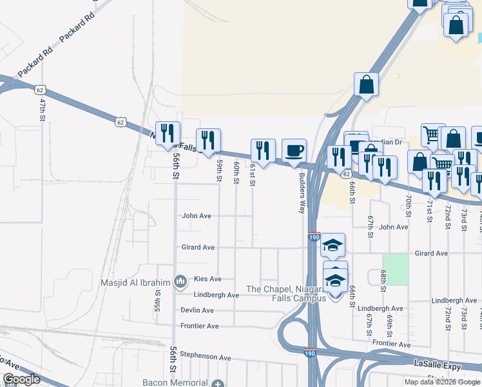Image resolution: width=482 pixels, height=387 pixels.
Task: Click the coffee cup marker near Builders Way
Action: click(294, 151)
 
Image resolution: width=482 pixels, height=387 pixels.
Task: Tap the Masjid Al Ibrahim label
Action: click(135, 283)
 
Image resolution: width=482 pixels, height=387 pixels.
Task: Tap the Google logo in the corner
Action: click(22, 380)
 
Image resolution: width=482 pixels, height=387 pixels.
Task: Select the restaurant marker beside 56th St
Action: click(168, 134)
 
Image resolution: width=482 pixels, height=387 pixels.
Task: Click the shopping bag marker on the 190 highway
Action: click(366, 84)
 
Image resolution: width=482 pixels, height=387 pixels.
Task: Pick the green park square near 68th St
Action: click(396, 270)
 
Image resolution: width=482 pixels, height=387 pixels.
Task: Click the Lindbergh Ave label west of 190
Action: click(216, 295)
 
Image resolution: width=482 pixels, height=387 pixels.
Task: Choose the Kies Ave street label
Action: click(207, 279)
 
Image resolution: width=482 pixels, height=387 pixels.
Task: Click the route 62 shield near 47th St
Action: click(41, 88)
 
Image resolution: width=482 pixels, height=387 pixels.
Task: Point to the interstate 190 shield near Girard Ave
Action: click(314, 238)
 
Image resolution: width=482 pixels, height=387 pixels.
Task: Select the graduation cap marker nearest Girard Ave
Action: click(333, 245)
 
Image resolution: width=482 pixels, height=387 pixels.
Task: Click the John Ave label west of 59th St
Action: click(197, 216)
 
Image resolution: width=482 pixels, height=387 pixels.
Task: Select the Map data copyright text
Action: click(442, 382)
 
